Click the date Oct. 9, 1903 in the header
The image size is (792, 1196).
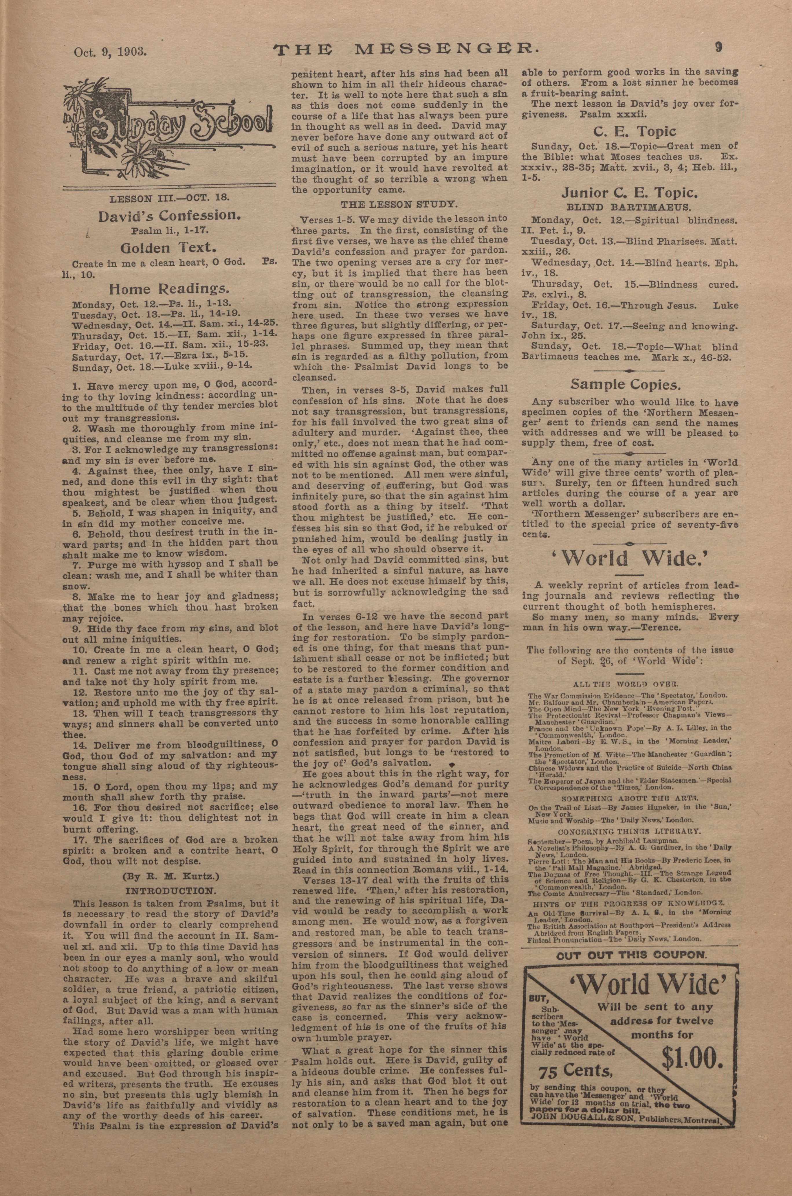pos(110,52)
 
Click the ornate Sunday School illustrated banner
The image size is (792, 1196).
pos(170,131)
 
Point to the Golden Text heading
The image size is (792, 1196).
pos(168,248)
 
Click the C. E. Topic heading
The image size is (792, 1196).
pos(635,132)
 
